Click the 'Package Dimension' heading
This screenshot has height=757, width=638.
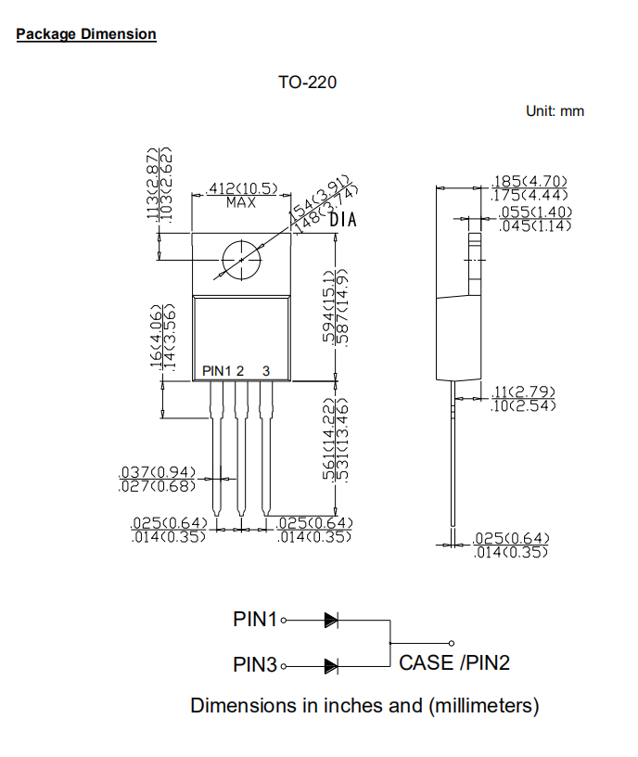coord(86,34)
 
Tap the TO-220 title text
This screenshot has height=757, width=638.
coord(307,83)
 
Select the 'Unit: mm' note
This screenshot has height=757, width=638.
coord(555,111)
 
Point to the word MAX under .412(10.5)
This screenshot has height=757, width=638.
coord(240,201)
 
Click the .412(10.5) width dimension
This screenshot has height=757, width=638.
coord(241,188)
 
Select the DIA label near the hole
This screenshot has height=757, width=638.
coord(343,221)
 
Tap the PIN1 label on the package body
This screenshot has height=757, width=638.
coord(216,371)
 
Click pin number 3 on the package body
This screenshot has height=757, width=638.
coord(266,371)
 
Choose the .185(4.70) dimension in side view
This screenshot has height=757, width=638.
coord(529,181)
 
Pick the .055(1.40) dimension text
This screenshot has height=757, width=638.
coord(535,212)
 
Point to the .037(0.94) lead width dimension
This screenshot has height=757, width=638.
coord(157,471)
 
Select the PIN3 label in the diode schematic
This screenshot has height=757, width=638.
coord(255,664)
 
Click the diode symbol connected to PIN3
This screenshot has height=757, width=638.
coord(331,665)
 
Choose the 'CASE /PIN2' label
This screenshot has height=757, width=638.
coord(454,662)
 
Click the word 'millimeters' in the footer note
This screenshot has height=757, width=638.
coord(482,705)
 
